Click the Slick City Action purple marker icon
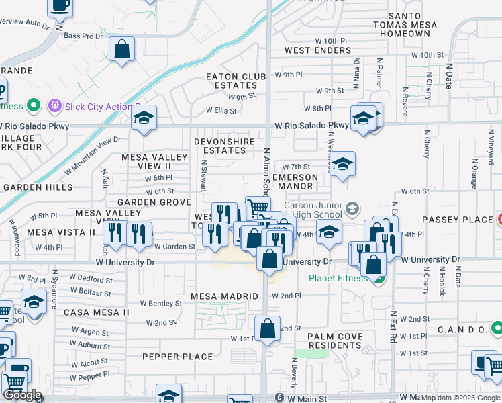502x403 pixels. [54, 106]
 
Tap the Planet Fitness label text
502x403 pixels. [338, 279]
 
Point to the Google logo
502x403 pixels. [23, 395]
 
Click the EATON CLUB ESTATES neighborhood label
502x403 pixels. [232, 81]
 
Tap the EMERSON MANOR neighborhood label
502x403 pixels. [295, 181]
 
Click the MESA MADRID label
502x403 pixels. [224, 296]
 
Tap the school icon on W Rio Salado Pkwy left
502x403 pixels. [144, 118]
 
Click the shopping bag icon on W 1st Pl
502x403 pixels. [267, 329]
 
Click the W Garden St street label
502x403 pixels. [174, 247]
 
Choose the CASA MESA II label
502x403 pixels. [96, 312]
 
